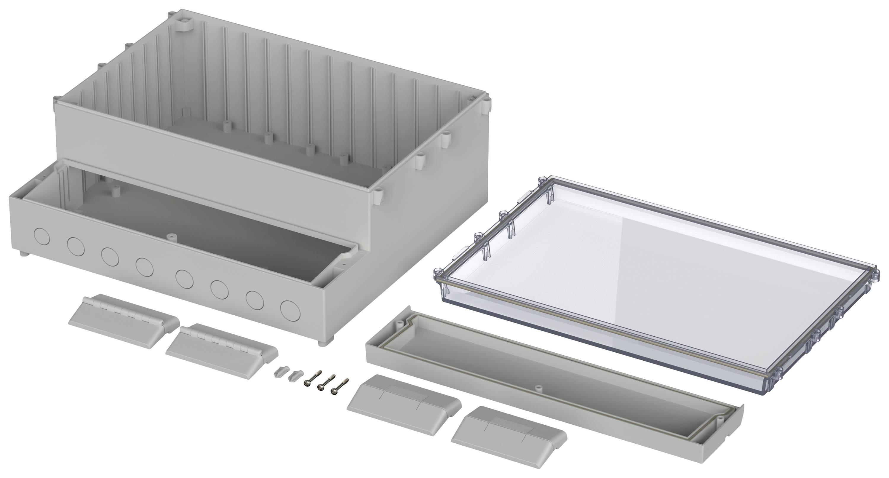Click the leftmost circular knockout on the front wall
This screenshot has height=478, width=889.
point(42,237)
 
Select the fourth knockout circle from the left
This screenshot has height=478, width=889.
point(144,267)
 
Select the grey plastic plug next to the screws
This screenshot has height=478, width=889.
point(295,375)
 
